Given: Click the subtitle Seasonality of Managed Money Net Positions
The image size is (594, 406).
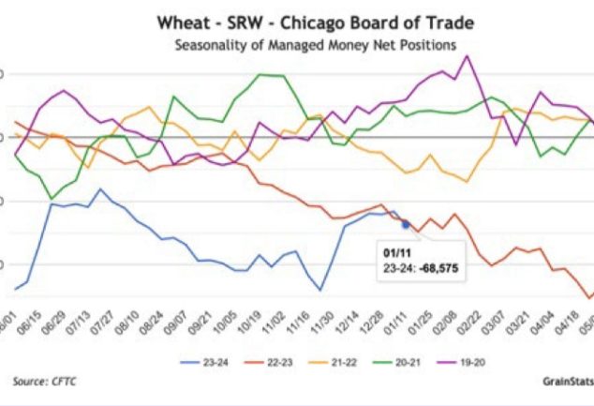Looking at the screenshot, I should click(x=303, y=43).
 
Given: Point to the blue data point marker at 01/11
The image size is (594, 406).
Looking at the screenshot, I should click(x=405, y=224).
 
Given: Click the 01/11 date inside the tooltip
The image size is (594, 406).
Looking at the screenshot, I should click(x=394, y=253).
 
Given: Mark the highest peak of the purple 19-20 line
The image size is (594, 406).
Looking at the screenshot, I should click(x=468, y=56).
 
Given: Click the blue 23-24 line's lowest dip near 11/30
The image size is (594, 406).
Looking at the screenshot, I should click(x=321, y=290).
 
